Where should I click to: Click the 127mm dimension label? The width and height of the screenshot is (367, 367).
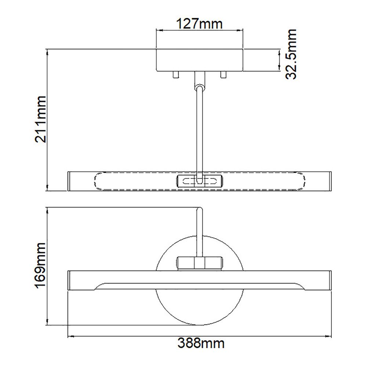tap(200, 25)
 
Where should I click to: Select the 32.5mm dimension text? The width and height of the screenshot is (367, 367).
tap(291, 55)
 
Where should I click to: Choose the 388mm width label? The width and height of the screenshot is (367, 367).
tap(201, 344)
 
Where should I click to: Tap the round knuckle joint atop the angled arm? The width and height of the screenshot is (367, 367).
tap(200, 87)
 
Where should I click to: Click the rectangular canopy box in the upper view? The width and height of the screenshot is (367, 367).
tap(200, 60)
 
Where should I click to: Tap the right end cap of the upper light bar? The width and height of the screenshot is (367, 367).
tap(330, 181)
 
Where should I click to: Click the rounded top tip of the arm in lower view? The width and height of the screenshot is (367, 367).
tap(200, 210)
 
